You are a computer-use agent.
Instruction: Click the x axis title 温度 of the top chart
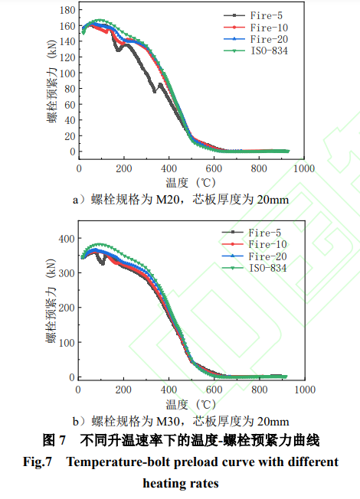tap(178, 182)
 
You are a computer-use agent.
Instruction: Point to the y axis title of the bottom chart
tap(52, 306)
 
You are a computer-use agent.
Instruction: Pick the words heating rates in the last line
tap(181, 483)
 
